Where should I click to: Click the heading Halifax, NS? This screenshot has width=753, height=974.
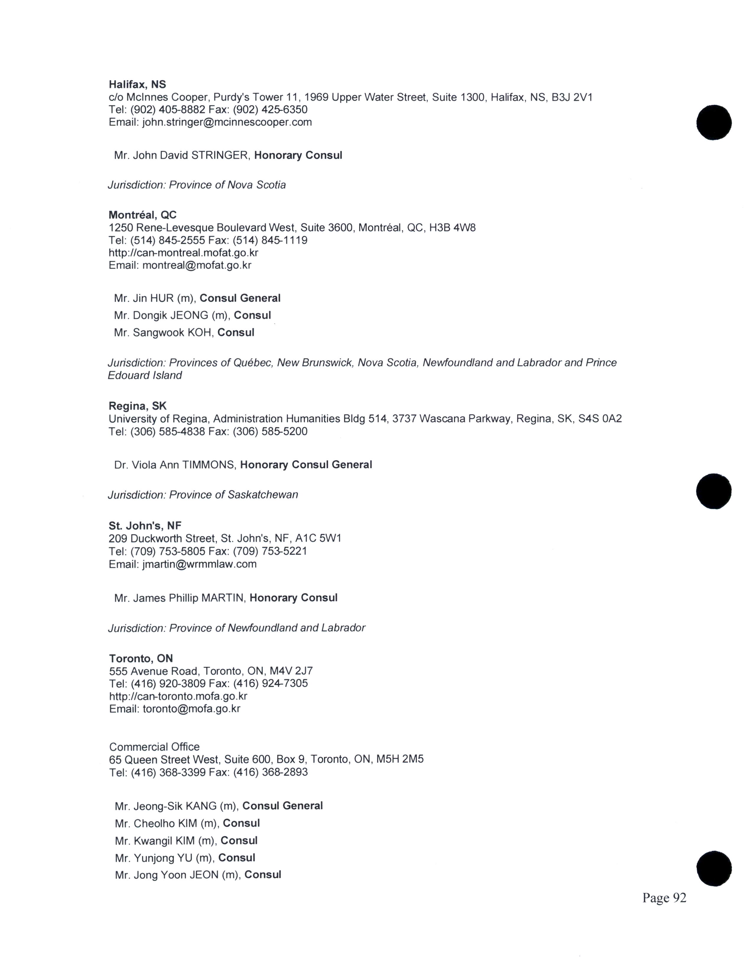coord(137,84)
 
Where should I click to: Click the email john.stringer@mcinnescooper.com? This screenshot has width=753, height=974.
coord(227,122)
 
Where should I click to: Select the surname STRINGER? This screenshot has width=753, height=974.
coord(219,156)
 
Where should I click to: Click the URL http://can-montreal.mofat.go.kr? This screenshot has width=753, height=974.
coord(183,253)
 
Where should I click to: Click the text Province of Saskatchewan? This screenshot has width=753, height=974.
coord(233,495)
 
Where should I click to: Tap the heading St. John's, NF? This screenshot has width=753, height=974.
coord(145,526)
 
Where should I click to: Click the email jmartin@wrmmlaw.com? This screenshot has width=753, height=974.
coord(199,564)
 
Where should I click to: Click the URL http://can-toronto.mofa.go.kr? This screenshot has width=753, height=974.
coord(178,696)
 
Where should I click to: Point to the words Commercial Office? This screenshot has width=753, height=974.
coord(154,747)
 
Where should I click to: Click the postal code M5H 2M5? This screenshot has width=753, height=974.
coord(400,759)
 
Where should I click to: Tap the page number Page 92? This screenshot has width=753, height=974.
coord(664,898)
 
